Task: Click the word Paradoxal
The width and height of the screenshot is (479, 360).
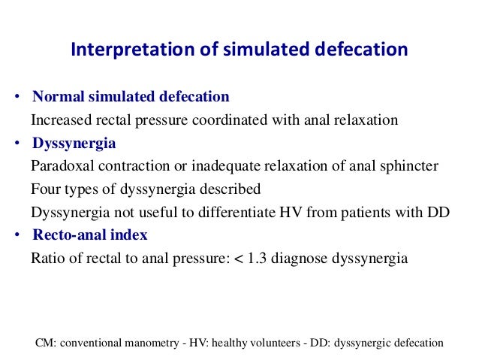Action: tap(61, 166)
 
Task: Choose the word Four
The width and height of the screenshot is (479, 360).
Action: tap(44, 189)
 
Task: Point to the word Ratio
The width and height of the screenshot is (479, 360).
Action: tap(47, 259)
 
